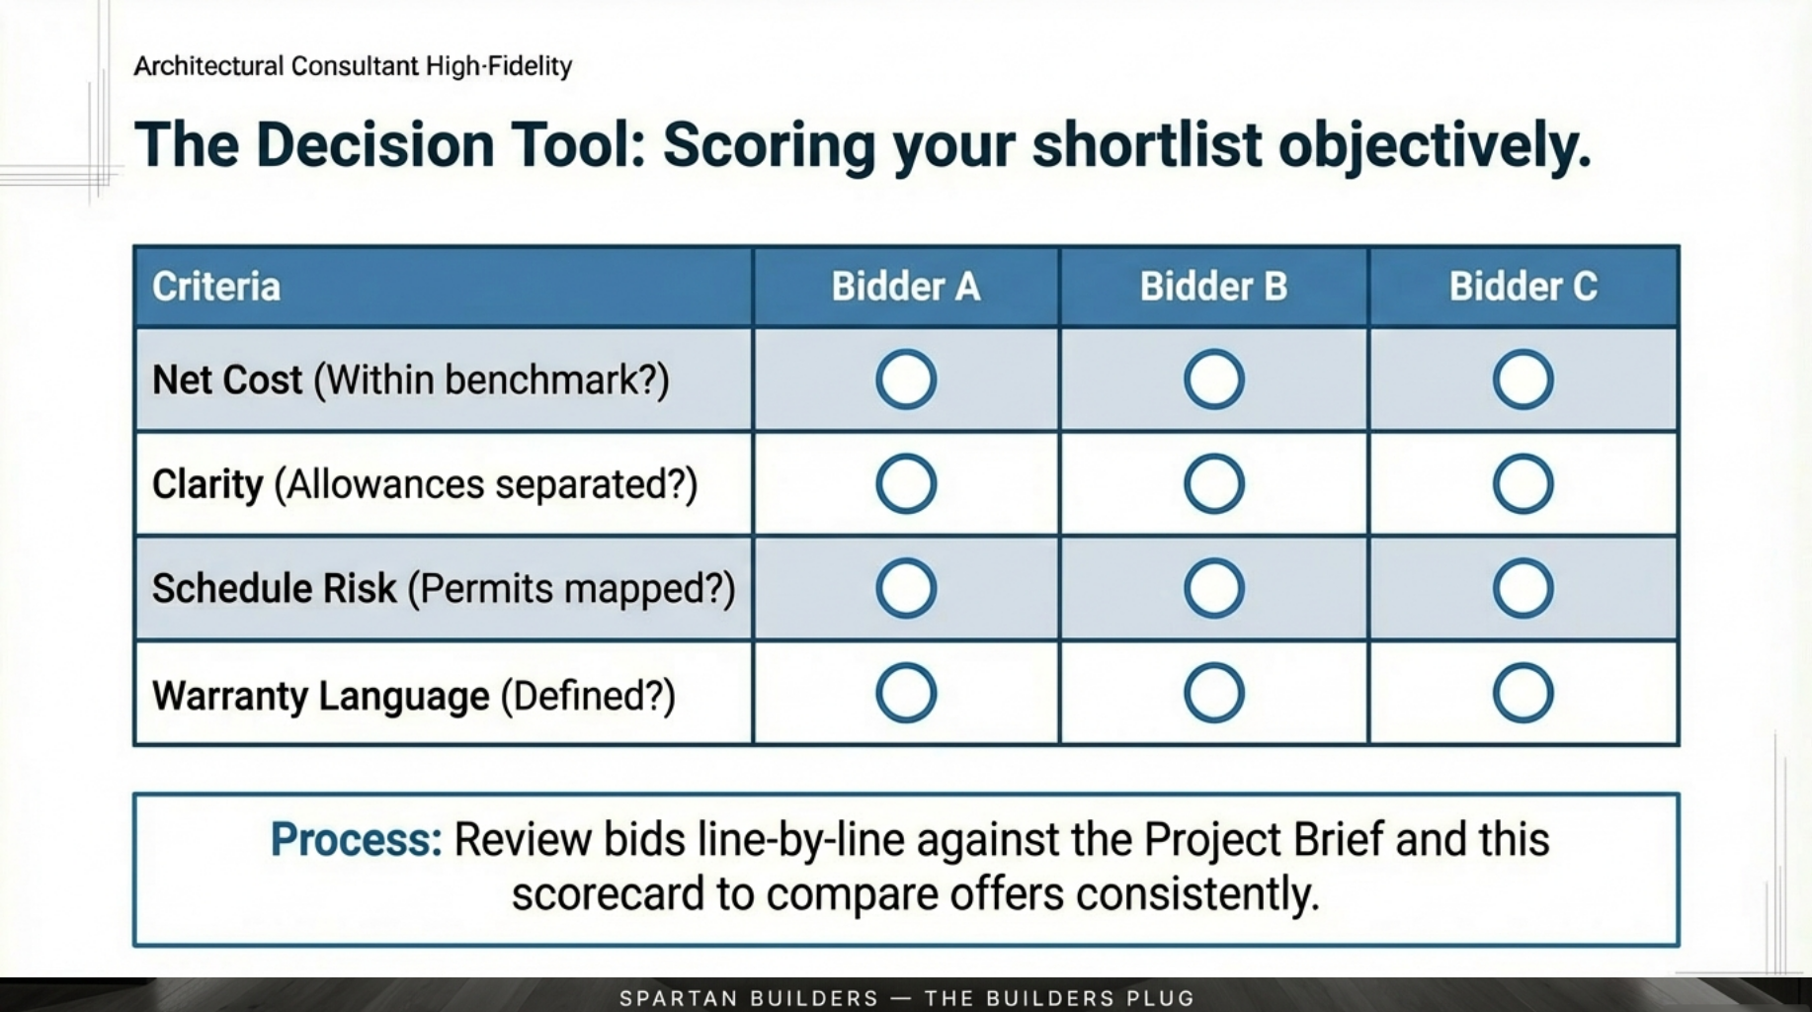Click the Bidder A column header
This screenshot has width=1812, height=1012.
coord(905,287)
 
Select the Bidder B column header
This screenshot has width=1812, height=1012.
coord(1213,287)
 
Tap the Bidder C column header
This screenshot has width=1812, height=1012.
coord(1523,287)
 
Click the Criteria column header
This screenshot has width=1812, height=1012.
coord(216,287)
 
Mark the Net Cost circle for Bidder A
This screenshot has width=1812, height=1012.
coord(905,379)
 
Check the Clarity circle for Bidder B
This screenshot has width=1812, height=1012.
coord(1213,484)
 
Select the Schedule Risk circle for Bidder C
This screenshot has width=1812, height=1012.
coord(1523,589)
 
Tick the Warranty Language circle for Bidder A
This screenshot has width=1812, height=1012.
coord(905,693)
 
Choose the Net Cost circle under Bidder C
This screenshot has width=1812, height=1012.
coord(1523,379)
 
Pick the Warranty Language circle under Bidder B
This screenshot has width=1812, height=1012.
coord(1213,693)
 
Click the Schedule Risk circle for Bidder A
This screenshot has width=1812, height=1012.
coord(905,589)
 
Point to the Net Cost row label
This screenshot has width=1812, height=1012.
coord(227,380)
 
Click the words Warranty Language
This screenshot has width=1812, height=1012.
coord(320,696)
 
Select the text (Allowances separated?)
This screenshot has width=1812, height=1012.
coord(485,485)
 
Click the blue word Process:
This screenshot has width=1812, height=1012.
coord(356,840)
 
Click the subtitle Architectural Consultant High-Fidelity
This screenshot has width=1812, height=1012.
coord(353,66)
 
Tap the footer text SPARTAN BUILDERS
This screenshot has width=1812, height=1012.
coord(748,998)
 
